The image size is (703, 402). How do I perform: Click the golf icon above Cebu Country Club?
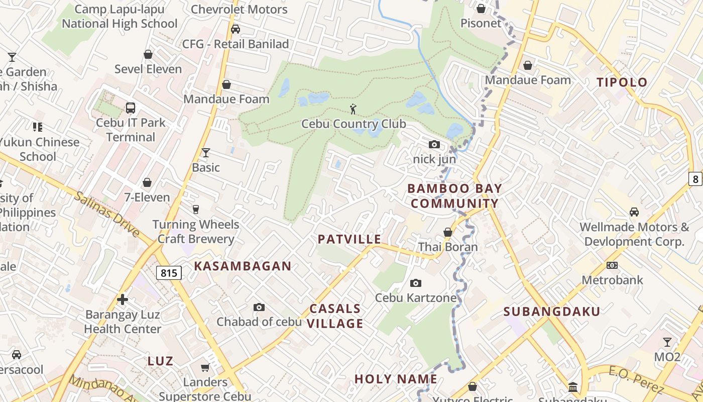coord(353,108)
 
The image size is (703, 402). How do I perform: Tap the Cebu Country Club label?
coord(354,124)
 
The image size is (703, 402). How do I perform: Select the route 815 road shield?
coord(169,273)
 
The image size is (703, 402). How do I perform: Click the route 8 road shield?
coord(695,178)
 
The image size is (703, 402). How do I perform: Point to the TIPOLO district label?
coord(622,82)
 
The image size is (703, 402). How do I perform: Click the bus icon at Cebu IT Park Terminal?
coord(130,108)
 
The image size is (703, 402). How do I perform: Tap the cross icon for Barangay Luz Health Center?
coord(123,300)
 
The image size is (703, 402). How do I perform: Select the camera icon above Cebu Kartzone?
coord(416,283)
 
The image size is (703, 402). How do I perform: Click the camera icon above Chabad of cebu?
coord(259,307)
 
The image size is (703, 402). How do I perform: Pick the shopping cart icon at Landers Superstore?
coord(205,368)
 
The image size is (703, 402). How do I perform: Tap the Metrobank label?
coord(612,280)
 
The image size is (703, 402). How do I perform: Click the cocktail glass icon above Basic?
coord(205,152)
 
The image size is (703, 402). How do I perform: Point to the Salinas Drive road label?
coord(107,214)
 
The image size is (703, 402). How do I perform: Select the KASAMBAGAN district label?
coord(243,266)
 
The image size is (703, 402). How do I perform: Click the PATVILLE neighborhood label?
coord(349,239)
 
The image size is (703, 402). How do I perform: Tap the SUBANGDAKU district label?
coord(552,312)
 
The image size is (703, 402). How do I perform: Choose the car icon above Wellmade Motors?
coord(634,212)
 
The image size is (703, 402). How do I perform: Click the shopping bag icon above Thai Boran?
coord(448,232)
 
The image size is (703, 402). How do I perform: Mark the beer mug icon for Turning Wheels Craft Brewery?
coord(196,210)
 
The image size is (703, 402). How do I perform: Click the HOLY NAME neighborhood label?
coord(396,379)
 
